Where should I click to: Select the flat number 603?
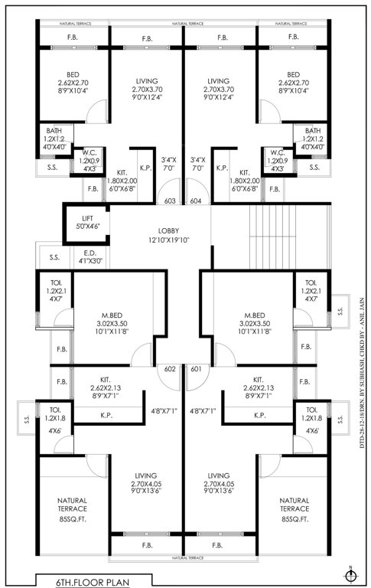pos(170,201)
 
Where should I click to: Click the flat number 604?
pos(195,201)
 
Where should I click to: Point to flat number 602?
pos(170,370)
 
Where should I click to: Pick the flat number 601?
pos(196,370)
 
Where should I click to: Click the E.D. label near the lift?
pos(89,251)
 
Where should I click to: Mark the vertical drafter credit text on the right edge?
pos(361,390)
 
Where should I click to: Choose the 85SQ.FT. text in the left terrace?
pos(73,519)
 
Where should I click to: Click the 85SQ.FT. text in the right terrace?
pos(295,519)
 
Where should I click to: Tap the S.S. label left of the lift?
pos(54,257)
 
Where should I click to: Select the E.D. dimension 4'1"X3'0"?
pos(89,261)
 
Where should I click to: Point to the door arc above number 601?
pos(197,357)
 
